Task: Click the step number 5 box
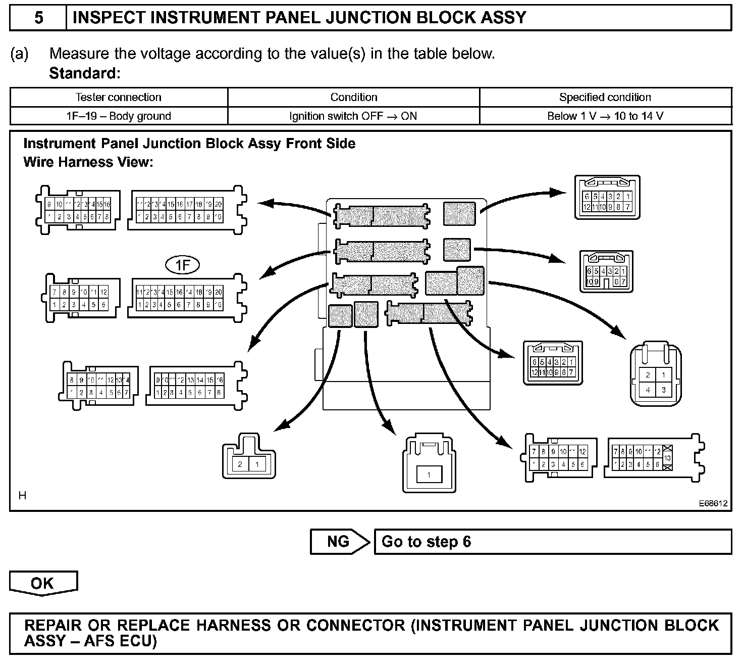38,18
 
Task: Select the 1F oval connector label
183,265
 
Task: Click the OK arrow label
43,583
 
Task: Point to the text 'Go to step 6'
426,542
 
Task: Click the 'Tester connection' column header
119,97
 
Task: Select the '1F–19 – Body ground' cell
119,116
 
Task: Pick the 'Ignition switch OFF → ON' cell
353,116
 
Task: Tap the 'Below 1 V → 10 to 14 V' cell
605,116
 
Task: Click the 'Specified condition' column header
605,97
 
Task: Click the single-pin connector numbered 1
429,475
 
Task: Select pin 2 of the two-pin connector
240,464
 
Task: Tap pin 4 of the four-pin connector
648,390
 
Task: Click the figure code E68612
713,503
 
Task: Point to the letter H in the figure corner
22,496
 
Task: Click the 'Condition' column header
353,97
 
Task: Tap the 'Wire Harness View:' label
88,162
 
